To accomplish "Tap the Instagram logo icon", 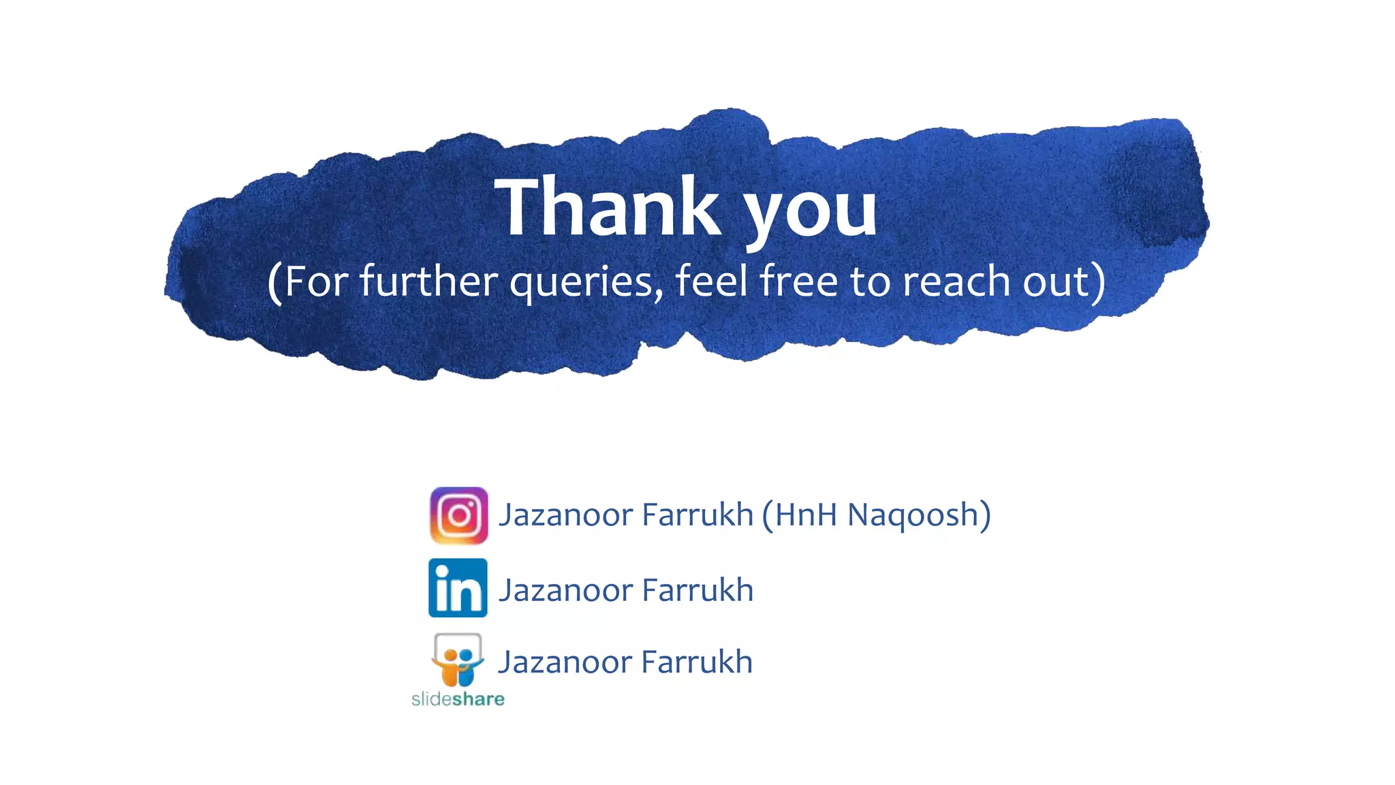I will pos(458,515).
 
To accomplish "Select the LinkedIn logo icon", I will pos(458,587).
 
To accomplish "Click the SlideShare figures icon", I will pos(458,660).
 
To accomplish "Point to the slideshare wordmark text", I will pos(458,698).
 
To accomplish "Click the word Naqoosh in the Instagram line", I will pos(913,514).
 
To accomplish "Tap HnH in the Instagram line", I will pos(806,514).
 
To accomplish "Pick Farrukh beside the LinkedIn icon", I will pos(697,590).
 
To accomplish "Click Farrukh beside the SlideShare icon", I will pos(697,662).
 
